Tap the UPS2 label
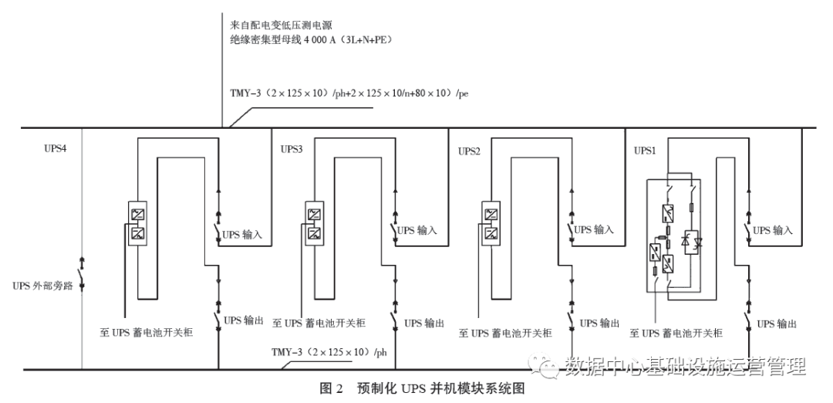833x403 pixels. point(469,151)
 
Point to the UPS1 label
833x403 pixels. point(645,151)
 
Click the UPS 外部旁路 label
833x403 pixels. point(42,285)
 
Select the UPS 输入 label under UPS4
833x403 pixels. point(243,230)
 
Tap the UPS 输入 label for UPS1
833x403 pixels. point(772,230)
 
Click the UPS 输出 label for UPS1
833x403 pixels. point(776,323)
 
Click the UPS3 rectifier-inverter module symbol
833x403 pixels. point(314,222)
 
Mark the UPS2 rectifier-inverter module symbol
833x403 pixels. point(490,222)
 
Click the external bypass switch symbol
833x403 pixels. point(82,285)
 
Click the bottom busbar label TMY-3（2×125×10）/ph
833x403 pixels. point(329,354)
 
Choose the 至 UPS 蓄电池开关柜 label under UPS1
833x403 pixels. point(676,333)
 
